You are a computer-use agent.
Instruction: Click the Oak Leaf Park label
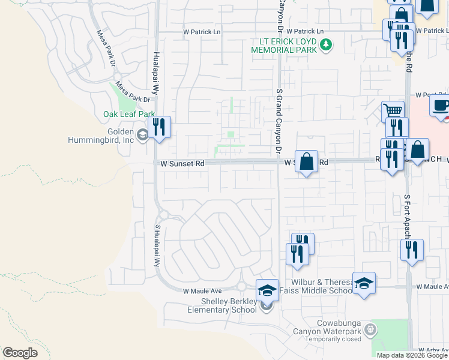tap(129, 114)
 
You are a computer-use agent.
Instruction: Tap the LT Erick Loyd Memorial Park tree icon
tap(326, 44)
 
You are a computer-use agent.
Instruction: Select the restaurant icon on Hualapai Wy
tap(158, 127)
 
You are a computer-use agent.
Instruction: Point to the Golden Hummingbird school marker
tap(142, 134)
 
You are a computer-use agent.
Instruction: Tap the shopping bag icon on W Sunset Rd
tap(306, 161)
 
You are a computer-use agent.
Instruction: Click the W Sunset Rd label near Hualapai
tap(182, 163)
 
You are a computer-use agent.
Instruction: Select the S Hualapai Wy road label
tap(158, 246)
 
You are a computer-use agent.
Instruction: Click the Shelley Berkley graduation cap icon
tap(267, 291)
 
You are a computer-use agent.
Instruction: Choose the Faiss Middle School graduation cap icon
tap(364, 283)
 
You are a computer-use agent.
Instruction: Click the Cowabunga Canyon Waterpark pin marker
tap(370, 329)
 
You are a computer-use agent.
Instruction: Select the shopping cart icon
tap(393, 111)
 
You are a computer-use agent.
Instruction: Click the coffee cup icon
tap(441, 106)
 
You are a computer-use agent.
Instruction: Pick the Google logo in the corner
tap(20, 353)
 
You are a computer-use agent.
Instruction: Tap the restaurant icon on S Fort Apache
tap(412, 250)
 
